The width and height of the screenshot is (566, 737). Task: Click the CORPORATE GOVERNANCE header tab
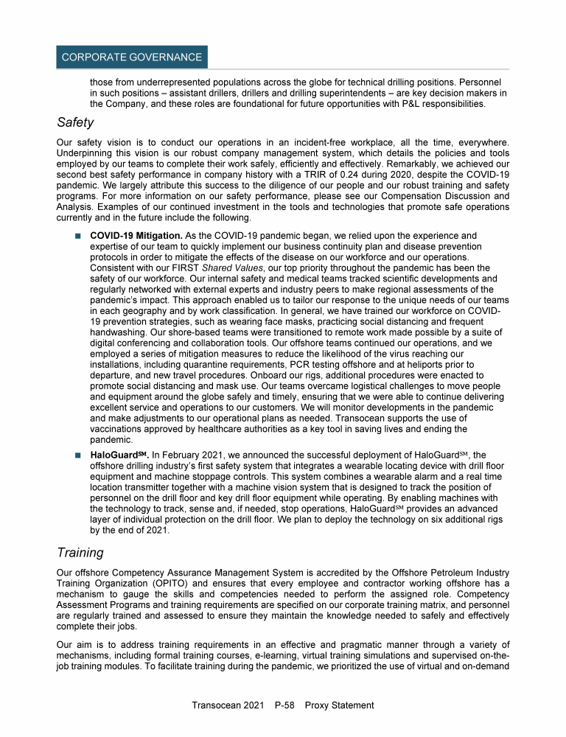(132, 57)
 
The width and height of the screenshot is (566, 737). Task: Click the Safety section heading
(77, 123)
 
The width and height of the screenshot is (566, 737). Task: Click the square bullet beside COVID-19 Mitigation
(76, 236)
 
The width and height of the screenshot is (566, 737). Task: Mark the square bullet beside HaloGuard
(76, 456)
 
